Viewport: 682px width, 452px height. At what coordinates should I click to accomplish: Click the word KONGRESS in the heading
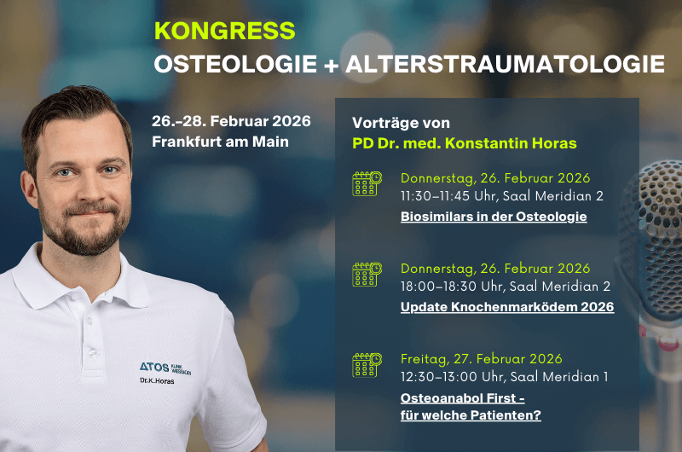224,31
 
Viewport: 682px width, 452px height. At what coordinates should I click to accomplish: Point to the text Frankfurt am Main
220,141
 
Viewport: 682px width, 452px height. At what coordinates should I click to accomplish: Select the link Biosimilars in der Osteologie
494,217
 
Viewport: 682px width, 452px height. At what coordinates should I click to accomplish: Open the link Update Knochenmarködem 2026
506,307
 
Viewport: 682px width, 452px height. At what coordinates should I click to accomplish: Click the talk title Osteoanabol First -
462,397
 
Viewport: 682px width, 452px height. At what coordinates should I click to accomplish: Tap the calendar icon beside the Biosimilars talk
367,184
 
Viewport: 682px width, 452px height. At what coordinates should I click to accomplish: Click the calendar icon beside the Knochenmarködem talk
367,274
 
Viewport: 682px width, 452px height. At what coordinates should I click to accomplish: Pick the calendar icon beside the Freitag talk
367,364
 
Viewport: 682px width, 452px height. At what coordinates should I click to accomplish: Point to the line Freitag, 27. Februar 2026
481,358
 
